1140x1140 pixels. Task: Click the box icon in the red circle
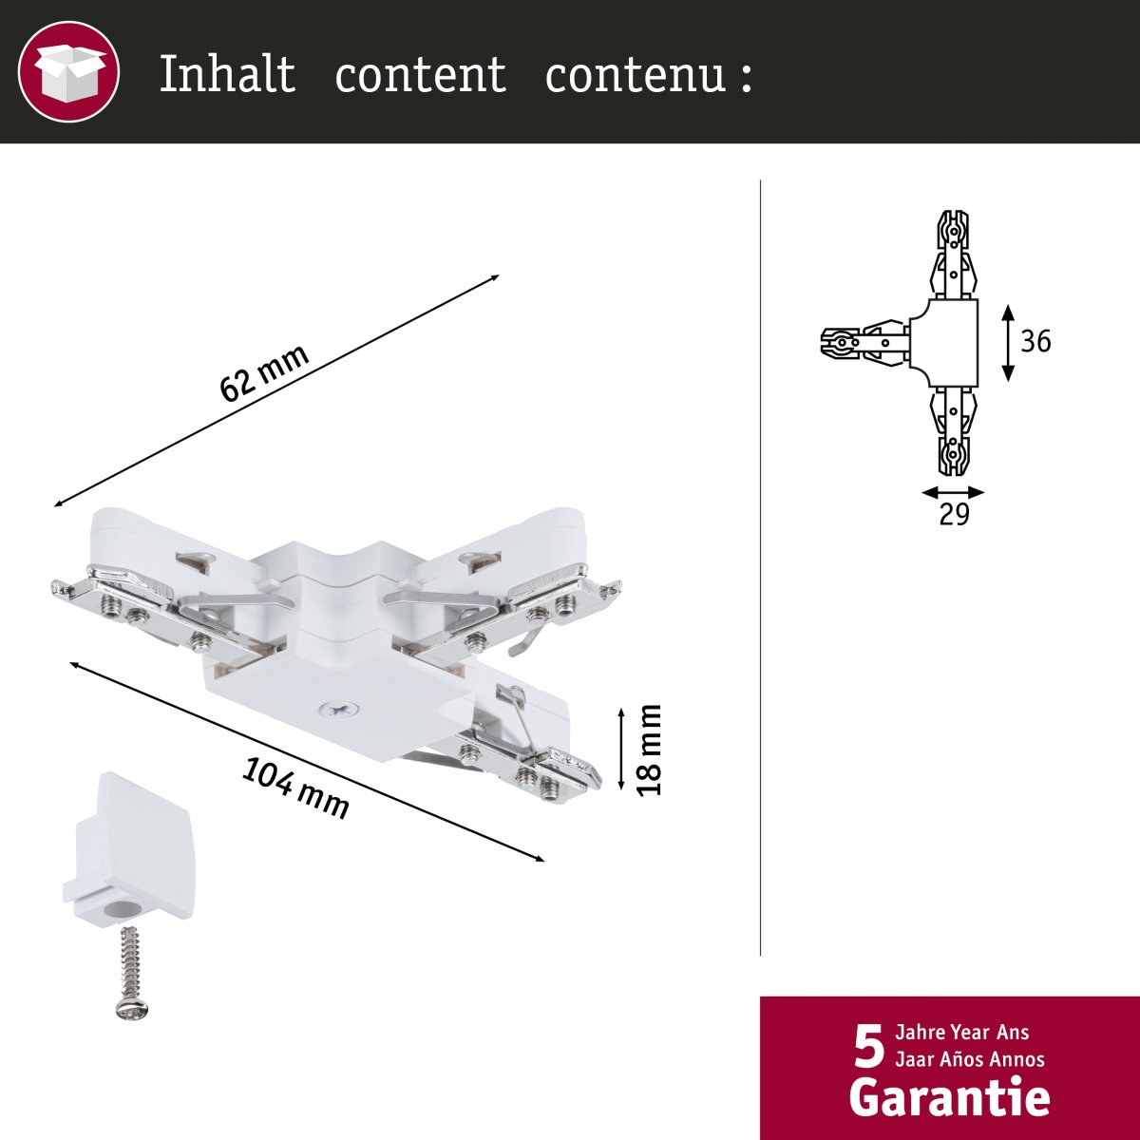[68, 71]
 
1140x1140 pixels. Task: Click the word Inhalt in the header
[227, 73]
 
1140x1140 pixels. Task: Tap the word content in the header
[421, 75]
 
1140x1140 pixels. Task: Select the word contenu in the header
[635, 75]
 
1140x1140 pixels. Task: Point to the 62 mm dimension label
[264, 372]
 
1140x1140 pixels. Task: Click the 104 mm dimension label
[295, 788]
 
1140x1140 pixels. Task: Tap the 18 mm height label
[650, 750]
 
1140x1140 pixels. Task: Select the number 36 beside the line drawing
[1035, 341]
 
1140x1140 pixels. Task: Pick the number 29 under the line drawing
[954, 514]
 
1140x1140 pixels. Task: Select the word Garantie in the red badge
[949, 1098]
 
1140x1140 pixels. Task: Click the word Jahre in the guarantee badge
[921, 1033]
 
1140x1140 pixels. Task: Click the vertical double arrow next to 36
[1009, 343]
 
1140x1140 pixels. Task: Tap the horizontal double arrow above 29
[953, 493]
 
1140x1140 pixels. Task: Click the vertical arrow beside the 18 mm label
[621, 749]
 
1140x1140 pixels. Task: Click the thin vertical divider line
[761, 567]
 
